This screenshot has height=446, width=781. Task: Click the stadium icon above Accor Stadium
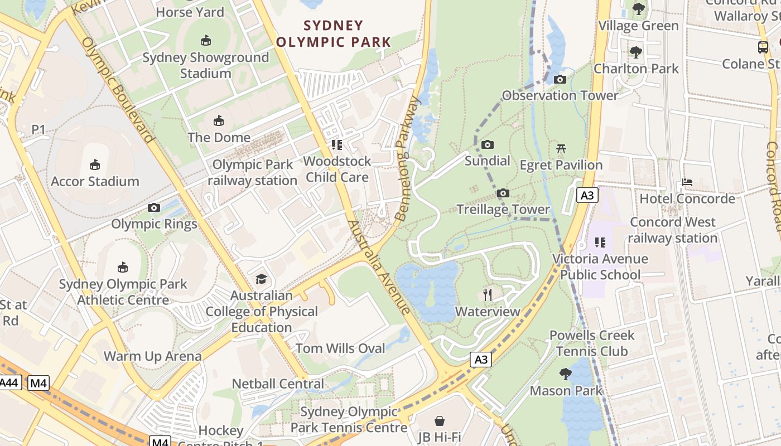tap(94, 165)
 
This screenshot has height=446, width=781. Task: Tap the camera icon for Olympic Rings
tap(154, 208)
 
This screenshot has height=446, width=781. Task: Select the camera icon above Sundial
tap(488, 145)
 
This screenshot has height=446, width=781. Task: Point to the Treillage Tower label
tap(503, 210)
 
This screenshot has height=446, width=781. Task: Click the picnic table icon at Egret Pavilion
tap(561, 149)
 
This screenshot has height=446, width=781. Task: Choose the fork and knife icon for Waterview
tap(488, 295)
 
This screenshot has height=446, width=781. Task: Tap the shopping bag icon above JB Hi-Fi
tap(440, 420)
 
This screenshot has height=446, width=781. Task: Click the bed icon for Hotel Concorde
tap(687, 182)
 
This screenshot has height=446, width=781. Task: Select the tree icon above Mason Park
tap(566, 374)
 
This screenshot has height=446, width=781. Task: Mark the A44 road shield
tap(9, 383)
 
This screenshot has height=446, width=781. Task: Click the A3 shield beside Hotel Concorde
tap(587, 196)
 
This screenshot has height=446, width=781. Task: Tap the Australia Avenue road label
tap(379, 268)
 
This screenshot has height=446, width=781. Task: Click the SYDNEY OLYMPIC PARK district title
tap(334, 33)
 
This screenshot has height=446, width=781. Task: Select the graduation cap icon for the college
tap(261, 279)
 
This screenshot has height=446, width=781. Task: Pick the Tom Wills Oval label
tap(340, 348)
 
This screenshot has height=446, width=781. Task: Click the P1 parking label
tap(38, 130)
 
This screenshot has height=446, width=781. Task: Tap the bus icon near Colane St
tap(763, 47)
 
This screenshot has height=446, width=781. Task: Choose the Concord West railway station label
tap(672, 230)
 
